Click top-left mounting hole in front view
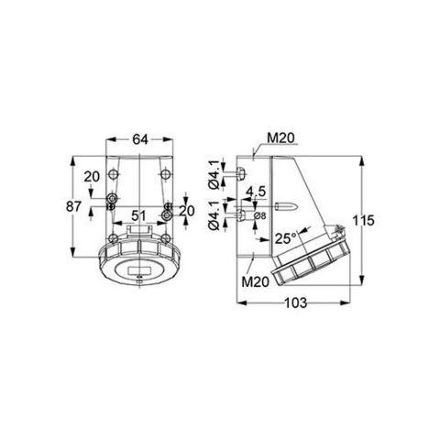pyautogui.click(x=111, y=198)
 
